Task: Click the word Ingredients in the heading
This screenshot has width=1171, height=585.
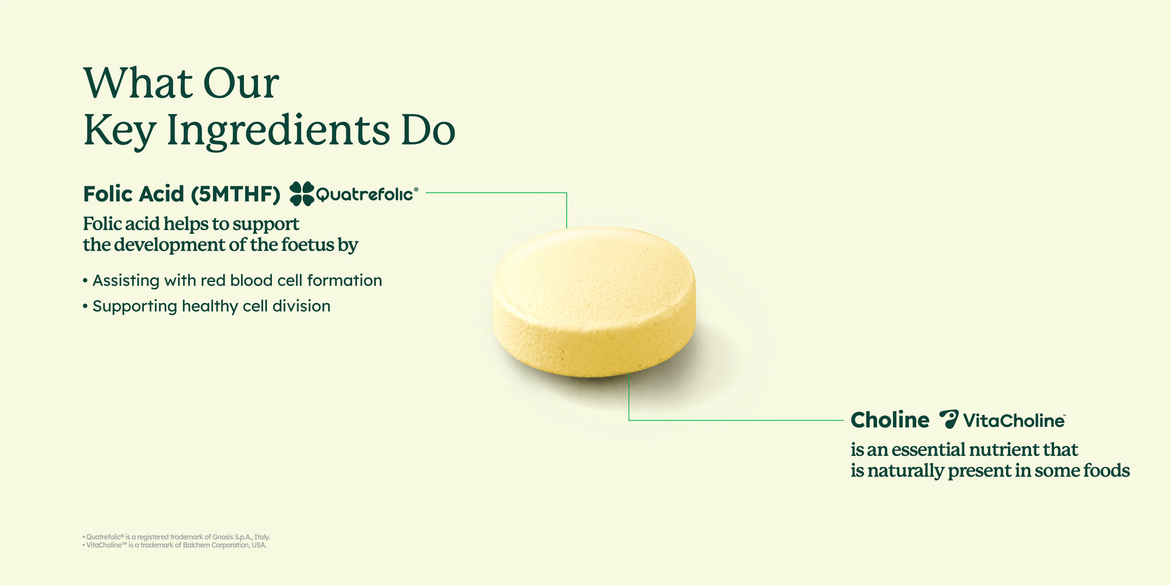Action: pos(278,130)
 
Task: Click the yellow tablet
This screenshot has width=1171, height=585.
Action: pos(593,301)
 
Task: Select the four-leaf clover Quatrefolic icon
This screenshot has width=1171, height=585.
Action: pos(301,194)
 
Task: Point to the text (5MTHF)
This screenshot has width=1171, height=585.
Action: pos(235,194)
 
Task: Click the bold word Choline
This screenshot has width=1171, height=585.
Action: pos(890,420)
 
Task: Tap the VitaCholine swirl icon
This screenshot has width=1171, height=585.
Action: pos(948,419)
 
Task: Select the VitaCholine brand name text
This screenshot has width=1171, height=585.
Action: pos(1014,420)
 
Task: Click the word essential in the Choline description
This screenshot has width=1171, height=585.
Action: pos(928,450)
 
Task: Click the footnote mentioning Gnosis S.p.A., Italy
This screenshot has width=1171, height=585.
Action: pos(177,537)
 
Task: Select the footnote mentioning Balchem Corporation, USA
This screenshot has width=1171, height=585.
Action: pos(176,545)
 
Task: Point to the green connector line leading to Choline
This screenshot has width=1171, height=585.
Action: pos(732,420)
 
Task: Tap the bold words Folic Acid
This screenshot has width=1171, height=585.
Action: pos(134,194)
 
